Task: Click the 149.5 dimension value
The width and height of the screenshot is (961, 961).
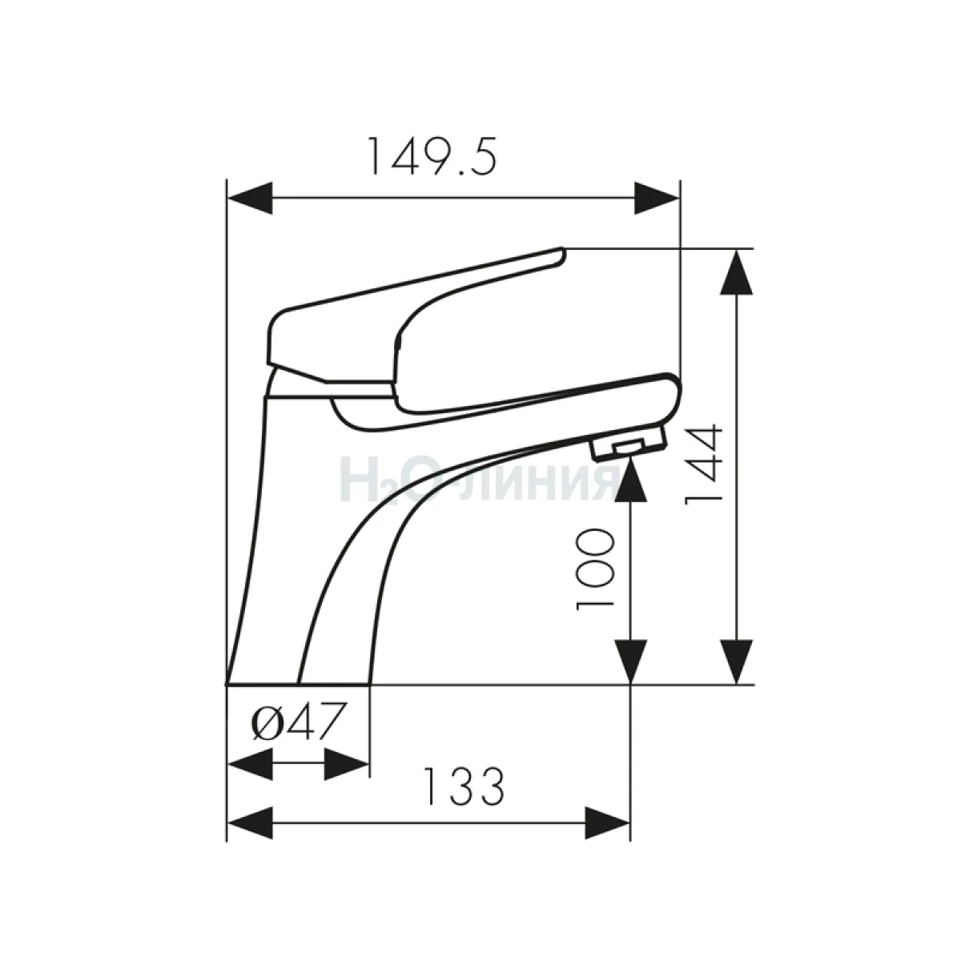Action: point(432,157)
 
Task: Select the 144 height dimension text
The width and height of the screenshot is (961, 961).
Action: point(704,464)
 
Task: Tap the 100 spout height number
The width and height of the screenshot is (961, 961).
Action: point(594,569)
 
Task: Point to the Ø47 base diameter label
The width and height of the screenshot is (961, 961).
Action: point(299,722)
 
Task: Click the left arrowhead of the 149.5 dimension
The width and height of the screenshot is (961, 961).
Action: point(250,198)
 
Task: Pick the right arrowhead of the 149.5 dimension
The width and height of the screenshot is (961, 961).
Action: point(657,198)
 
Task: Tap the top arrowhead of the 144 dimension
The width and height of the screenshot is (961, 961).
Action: point(737,273)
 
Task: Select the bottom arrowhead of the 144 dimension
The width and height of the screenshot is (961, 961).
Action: point(737,661)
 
